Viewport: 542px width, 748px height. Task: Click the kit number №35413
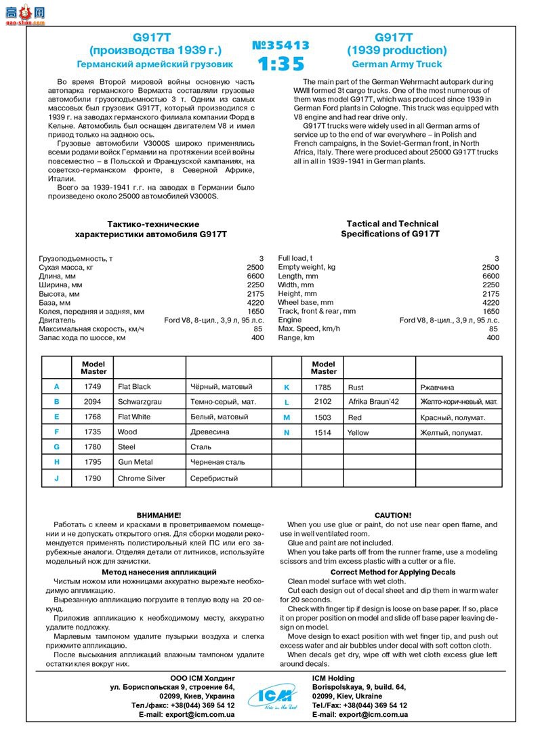[280, 45]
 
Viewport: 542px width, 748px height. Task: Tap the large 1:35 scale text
[280, 64]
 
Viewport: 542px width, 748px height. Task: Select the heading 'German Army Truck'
[396, 64]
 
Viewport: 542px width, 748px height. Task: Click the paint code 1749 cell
[93, 387]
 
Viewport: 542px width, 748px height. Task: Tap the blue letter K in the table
[287, 388]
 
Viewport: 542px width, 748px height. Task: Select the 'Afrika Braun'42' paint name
[373, 402]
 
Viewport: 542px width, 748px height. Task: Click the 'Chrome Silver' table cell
[142, 478]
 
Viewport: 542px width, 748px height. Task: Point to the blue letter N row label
[287, 432]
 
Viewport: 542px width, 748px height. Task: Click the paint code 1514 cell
[323, 432]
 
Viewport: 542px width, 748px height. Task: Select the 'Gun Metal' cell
[135, 462]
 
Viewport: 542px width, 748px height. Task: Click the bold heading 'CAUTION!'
[393, 516]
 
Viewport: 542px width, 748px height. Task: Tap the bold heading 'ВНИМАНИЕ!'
[159, 516]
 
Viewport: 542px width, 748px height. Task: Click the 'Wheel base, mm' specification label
[306, 302]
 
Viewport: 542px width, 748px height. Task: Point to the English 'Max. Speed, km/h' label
[309, 329]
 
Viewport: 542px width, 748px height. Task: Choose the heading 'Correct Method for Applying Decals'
[393, 573]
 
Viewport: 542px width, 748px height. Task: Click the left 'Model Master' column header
[93, 368]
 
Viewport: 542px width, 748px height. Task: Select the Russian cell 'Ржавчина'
[440, 388]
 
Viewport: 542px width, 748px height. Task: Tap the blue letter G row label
[57, 447]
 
